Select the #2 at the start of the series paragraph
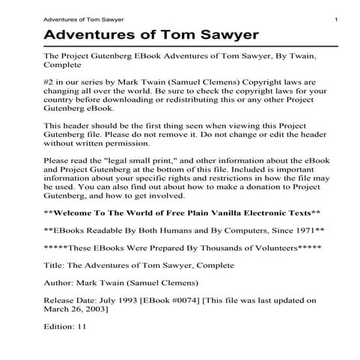[x=51, y=79]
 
